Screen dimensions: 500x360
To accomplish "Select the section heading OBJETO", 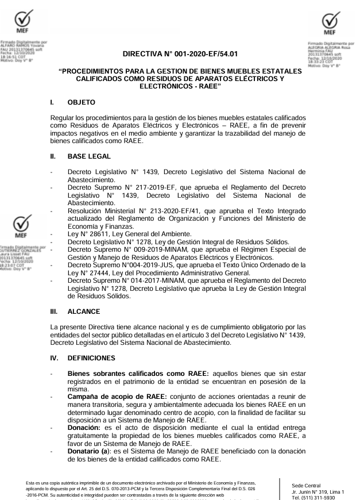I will pos(82,102).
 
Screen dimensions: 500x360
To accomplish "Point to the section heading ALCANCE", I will pos(84,311).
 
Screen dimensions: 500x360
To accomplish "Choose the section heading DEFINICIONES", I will pos(91,357).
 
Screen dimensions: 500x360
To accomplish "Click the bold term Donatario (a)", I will pos(91,451).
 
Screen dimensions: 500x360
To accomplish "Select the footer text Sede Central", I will pos(307,486).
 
